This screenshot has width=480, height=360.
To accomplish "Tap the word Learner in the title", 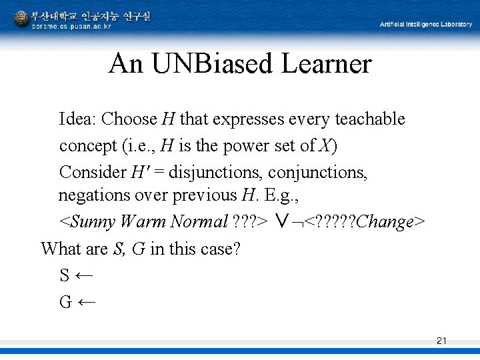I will (327, 64).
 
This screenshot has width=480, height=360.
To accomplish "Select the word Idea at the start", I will (78, 119).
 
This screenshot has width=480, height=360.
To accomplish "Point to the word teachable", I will (369, 119).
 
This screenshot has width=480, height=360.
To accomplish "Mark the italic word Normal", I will (199, 221).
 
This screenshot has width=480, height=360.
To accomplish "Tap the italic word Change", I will (385, 221).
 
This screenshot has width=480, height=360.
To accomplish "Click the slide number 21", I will (441, 341).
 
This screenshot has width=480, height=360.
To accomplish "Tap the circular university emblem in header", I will (21, 18).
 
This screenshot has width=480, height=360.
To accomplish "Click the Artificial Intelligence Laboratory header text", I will (427, 24).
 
